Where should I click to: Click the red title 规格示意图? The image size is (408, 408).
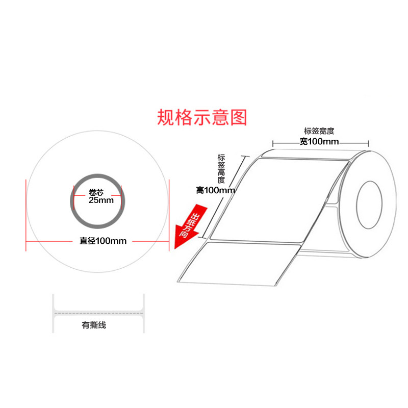pos(202,117)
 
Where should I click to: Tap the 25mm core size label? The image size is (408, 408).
pos(101,200)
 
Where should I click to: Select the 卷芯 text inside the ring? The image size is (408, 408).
pos(96,192)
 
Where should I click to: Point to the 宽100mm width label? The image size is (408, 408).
pos(319,142)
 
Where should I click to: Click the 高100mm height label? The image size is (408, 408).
pos(215,190)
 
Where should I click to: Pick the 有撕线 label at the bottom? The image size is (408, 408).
pos(94,324)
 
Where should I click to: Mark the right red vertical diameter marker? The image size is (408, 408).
pos(168,214)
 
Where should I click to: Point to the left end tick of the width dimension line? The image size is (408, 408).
pos(273,143)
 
